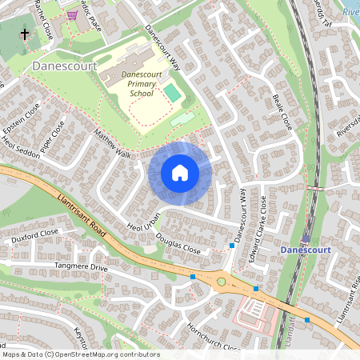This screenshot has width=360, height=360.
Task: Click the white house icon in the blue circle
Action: (x=180, y=172)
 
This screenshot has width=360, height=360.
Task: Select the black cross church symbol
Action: (x=24, y=34)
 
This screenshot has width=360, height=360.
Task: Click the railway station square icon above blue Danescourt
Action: (x=306, y=238)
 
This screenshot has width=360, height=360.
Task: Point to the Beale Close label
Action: (x=282, y=111)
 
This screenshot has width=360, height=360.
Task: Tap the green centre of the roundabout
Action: (x=221, y=282)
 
